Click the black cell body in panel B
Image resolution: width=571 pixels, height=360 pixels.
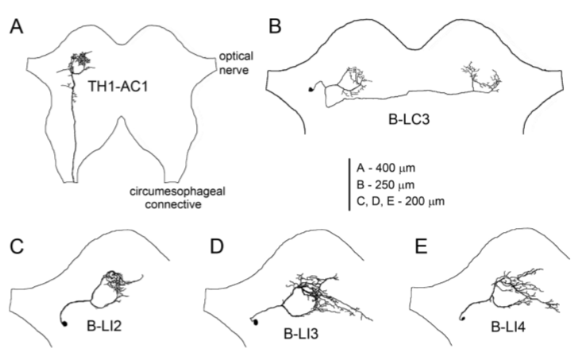point(311,90)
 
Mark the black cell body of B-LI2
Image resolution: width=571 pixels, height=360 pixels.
point(64,323)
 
